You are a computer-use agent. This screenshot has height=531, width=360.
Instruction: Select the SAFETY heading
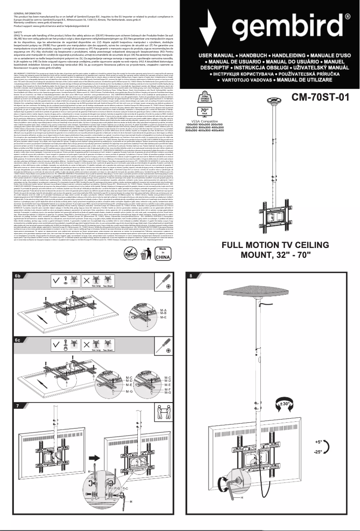tap(19, 33)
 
